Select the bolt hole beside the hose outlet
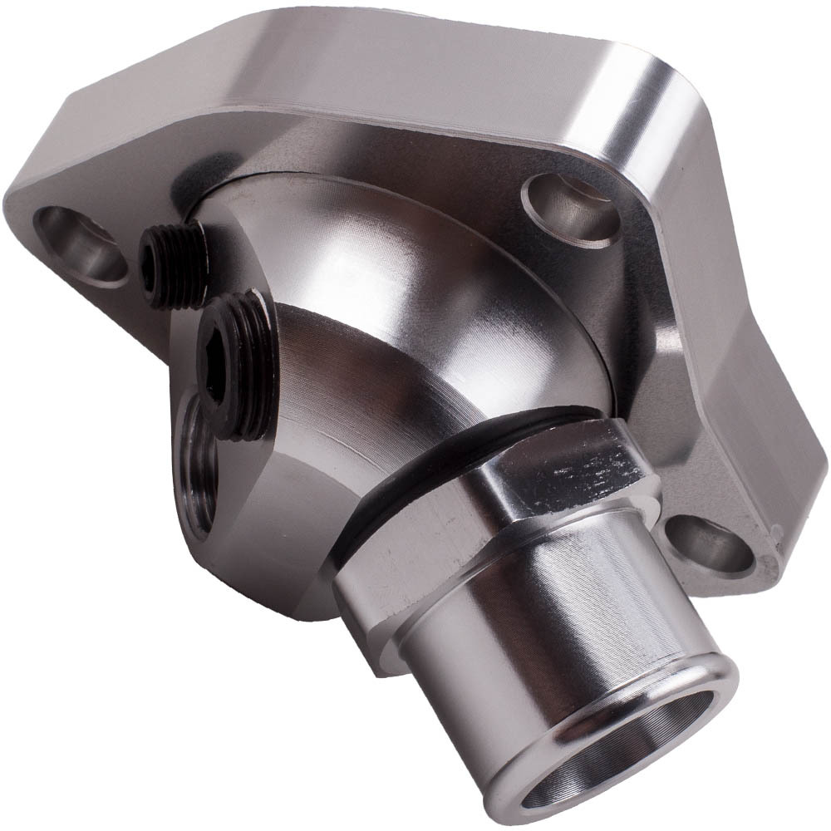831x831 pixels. point(705,544)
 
